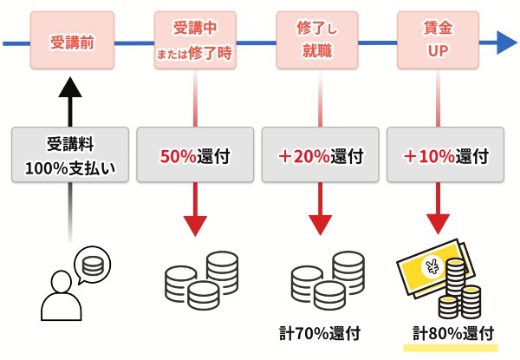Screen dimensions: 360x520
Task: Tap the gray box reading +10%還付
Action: coord(445,157)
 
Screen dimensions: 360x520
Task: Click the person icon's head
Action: coord(62,282)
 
